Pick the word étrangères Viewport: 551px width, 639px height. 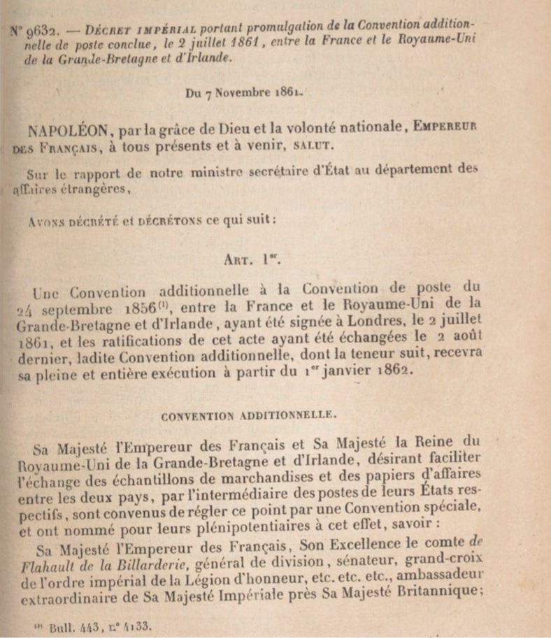94,189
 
